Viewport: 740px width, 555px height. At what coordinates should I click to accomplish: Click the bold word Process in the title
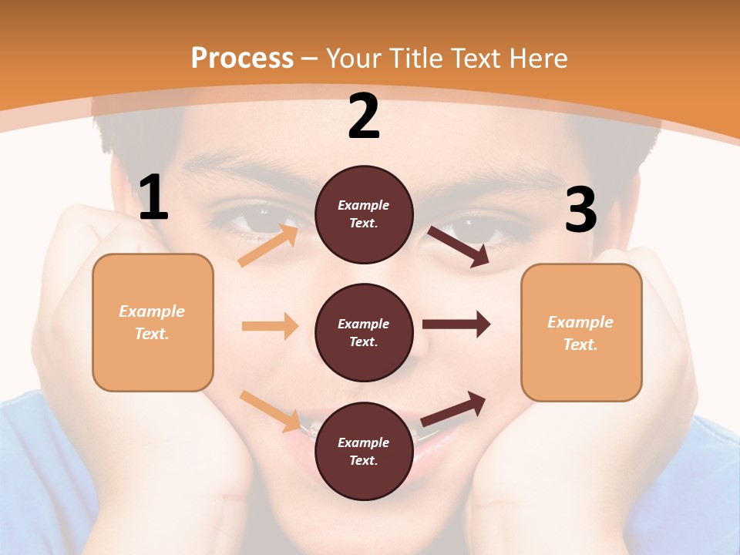[x=242, y=58]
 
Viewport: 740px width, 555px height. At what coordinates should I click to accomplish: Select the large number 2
[x=364, y=116]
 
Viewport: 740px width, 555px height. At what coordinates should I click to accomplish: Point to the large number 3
[x=580, y=210]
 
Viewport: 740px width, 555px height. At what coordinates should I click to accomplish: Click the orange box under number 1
[x=153, y=322]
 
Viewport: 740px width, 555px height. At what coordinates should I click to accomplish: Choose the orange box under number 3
[x=581, y=332]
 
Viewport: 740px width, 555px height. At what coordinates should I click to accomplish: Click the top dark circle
[x=364, y=214]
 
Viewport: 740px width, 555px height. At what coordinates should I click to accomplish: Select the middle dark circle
[x=364, y=332]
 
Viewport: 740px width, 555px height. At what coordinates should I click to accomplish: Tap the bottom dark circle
[x=364, y=451]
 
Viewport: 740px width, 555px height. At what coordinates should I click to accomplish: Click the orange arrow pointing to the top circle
[x=268, y=245]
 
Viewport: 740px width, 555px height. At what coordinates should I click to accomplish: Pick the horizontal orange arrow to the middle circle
[x=270, y=326]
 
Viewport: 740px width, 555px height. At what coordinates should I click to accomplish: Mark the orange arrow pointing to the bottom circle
[x=271, y=411]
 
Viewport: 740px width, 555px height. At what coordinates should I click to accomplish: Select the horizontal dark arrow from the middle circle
[x=456, y=325]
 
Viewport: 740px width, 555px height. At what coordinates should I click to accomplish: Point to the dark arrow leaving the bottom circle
[x=454, y=409]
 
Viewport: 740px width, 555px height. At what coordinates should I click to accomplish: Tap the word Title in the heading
[x=417, y=58]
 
